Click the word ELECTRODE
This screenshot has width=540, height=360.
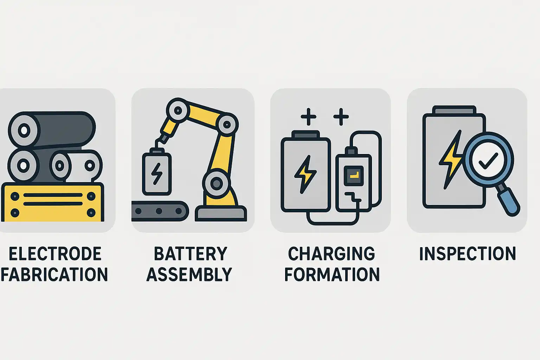coord(55,254)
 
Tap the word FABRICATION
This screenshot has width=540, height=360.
coord(54,275)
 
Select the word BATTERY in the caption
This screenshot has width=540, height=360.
coord(191,254)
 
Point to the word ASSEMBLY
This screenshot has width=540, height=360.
coord(189,275)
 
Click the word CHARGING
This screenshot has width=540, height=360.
coord(332,254)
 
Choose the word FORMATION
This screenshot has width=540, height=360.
coord(332,275)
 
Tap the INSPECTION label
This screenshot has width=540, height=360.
coord(468,254)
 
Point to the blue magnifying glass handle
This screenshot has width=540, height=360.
coord(509,201)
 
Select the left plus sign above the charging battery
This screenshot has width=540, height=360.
coord(308,117)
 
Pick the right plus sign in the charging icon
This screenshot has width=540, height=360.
coord(341,117)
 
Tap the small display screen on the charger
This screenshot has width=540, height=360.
coord(354,175)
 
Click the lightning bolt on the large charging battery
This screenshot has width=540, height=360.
coord(305,174)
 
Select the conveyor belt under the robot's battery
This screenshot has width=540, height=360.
coord(160,211)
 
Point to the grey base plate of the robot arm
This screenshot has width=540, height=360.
coord(221,213)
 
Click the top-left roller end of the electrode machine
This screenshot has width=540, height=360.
coord(24,130)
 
